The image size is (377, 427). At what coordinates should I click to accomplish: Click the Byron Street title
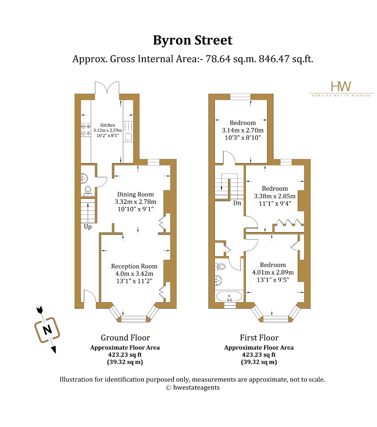point(192,40)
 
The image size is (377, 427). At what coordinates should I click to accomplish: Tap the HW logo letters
point(341,86)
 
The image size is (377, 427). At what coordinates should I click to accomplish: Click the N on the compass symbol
point(47,330)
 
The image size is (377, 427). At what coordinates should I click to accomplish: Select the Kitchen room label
point(107,125)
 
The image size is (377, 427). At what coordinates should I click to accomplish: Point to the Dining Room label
point(135,194)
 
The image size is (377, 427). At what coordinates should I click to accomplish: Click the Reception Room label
point(134,266)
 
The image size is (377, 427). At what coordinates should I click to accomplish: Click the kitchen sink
point(128,137)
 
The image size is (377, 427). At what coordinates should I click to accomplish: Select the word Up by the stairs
point(88,227)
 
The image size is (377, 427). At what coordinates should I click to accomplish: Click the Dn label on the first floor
point(237,203)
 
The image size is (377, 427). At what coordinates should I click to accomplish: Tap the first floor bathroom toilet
point(221,266)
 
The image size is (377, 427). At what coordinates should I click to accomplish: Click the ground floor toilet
point(88,189)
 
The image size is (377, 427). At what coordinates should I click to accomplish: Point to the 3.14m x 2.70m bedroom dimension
point(242,130)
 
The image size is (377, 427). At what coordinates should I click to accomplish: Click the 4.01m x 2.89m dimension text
point(273,272)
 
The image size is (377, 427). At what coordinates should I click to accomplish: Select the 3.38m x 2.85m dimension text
point(274,196)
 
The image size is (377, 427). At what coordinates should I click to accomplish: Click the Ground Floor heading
point(125,338)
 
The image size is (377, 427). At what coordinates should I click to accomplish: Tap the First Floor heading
point(259,338)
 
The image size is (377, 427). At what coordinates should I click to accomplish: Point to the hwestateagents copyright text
point(192,388)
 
